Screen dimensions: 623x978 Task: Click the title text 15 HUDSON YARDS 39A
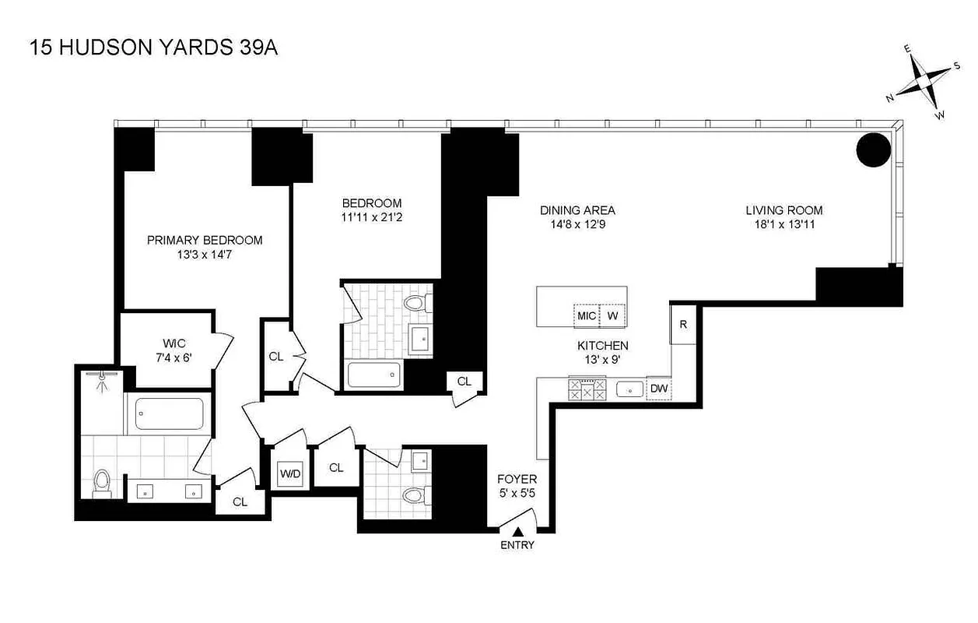click(153, 48)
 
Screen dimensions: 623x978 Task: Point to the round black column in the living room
click(875, 149)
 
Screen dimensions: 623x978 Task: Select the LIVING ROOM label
click(783, 210)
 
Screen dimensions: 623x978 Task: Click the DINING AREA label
click(577, 210)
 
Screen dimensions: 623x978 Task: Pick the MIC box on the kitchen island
click(587, 315)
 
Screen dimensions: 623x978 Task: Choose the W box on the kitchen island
click(613, 315)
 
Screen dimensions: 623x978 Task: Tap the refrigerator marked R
click(683, 324)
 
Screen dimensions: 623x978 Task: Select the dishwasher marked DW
click(659, 389)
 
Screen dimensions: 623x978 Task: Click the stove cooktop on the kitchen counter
click(588, 389)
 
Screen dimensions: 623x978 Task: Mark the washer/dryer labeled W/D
click(290, 473)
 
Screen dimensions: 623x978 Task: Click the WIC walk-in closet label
click(173, 343)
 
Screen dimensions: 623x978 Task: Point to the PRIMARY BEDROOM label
click(205, 240)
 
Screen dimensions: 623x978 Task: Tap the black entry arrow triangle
click(517, 531)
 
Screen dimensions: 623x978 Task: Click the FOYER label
click(517, 479)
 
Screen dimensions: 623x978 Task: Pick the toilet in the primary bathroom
click(102, 484)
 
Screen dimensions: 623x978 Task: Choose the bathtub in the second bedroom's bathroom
click(373, 375)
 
